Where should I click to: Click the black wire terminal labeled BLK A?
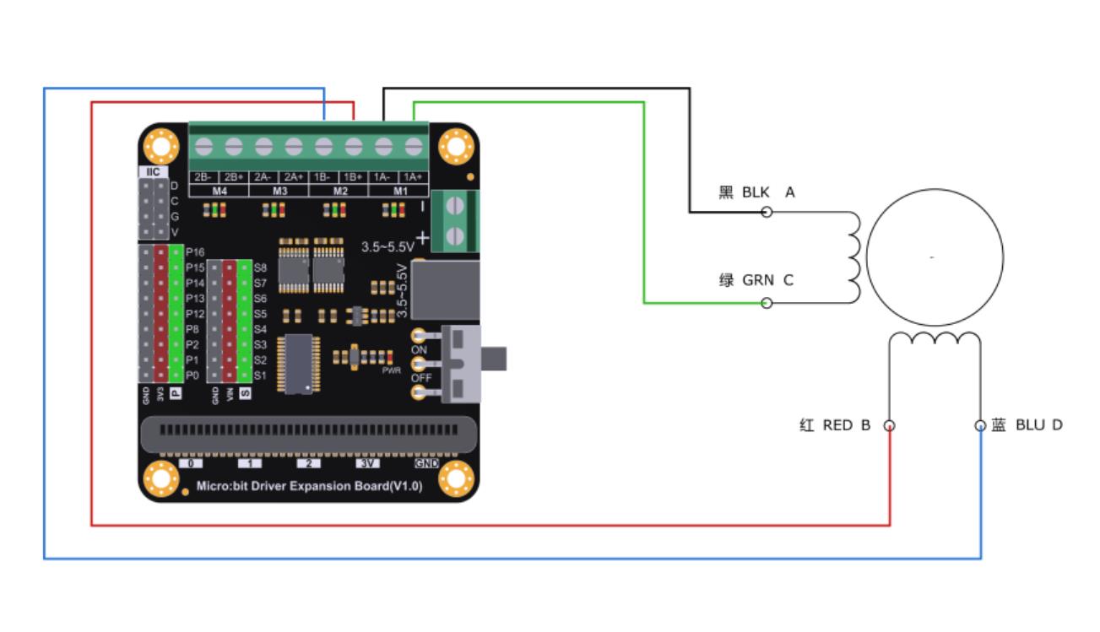click(767, 212)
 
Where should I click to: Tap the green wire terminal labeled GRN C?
click(767, 303)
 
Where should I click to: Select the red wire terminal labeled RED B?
click(889, 425)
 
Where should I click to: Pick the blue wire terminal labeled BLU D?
click(980, 425)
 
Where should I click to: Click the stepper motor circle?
click(935, 257)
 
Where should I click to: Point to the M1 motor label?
click(398, 191)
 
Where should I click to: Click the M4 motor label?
click(219, 191)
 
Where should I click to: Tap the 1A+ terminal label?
click(413, 177)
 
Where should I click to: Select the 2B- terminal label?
click(203, 177)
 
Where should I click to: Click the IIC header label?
click(153, 171)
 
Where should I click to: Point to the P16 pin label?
click(195, 251)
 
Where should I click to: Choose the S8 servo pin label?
click(260, 267)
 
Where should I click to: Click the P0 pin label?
click(193, 375)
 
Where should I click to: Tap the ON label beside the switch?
click(420, 350)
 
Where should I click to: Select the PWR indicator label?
click(391, 370)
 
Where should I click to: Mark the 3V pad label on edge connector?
click(369, 463)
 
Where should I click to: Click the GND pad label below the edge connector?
click(426, 463)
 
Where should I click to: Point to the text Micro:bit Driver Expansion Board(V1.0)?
click(309, 486)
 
